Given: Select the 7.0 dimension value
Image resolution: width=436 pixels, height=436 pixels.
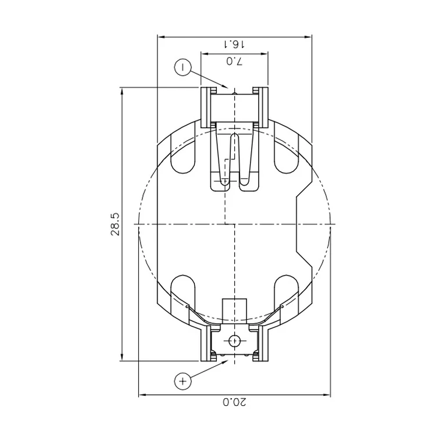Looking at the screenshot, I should point(233,61).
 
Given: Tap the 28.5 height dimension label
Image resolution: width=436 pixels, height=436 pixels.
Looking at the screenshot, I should point(115,224).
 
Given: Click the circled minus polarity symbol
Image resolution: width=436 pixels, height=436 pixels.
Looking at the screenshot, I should point(183,67).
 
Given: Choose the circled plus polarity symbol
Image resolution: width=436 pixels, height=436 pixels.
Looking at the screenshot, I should point(183,381).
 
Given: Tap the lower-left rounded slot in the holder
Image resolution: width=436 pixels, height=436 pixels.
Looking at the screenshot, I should point(183,291).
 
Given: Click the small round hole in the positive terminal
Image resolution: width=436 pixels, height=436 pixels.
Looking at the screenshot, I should point(234,341).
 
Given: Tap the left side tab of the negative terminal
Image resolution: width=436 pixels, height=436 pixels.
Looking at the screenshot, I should point(206,108).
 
